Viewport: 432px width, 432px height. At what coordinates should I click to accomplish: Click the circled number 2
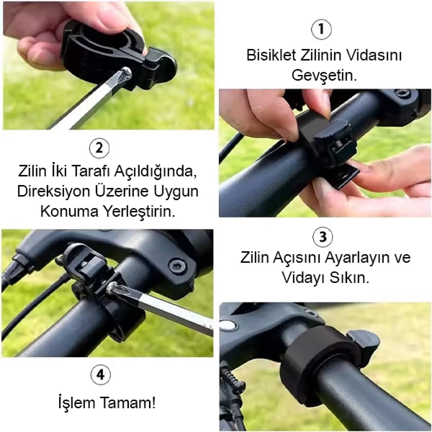[x=99, y=148]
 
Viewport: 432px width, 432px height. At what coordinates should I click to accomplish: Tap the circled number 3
[x=323, y=237]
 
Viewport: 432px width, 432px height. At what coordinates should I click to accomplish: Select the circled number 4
[x=100, y=375]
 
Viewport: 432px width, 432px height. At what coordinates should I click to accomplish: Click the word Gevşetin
[x=324, y=76]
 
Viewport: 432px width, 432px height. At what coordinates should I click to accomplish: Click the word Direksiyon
[x=53, y=191]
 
